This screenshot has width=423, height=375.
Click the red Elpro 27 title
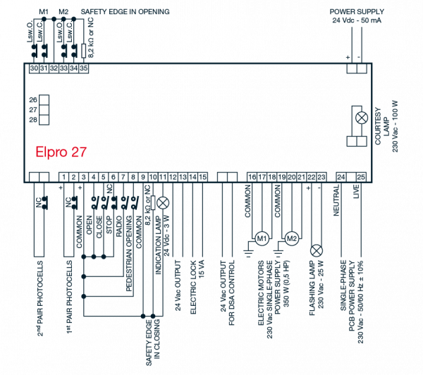(61, 152)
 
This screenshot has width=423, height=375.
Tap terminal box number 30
(34, 68)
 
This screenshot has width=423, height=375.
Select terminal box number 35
(84, 68)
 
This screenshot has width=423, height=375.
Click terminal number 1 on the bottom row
(64, 177)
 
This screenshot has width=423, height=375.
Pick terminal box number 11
(163, 177)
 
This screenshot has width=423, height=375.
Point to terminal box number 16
(252, 177)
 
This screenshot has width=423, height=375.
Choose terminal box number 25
(361, 177)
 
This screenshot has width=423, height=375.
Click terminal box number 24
(341, 177)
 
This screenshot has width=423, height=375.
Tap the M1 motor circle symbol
(262, 238)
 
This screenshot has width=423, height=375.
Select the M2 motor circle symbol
(292, 238)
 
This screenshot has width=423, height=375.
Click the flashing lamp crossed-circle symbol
(317, 251)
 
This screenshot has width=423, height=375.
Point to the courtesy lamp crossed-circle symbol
(362, 118)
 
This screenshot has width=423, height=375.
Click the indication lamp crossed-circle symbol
(163, 204)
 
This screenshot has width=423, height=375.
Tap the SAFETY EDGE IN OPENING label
(125, 11)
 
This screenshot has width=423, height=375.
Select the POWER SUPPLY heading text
(357, 11)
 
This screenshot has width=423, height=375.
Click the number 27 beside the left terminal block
(33, 110)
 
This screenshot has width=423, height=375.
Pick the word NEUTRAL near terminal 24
(336, 200)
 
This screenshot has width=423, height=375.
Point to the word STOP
(109, 225)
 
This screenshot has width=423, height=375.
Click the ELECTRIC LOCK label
(193, 287)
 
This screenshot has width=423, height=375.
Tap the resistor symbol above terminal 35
(84, 51)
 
